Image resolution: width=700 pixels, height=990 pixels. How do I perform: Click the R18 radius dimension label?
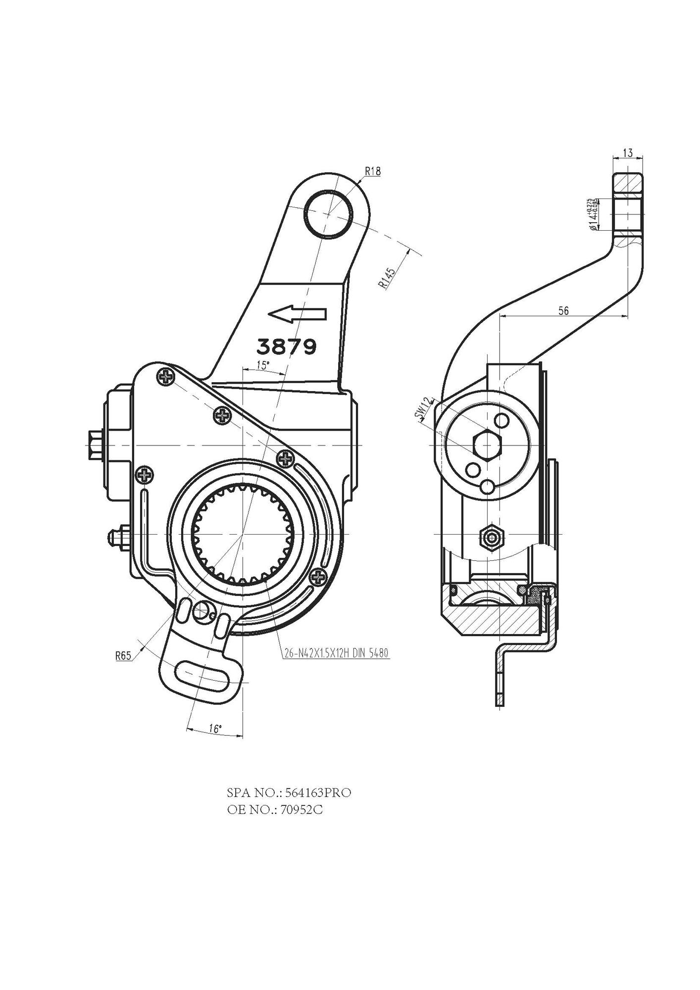point(372,171)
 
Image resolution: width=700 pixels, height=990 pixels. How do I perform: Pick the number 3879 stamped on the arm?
point(287,346)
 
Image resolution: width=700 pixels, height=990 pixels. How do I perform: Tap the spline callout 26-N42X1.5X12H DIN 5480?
point(336,653)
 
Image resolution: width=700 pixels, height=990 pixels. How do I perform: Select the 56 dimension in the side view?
point(563,310)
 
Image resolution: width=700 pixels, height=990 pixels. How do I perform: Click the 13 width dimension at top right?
point(627,153)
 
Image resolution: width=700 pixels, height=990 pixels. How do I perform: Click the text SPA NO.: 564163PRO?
point(289,792)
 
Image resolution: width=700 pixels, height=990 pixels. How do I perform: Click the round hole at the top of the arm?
point(328,214)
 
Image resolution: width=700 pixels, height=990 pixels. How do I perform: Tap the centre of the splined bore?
point(243,535)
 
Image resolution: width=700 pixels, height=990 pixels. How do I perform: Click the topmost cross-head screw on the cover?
point(165,377)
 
